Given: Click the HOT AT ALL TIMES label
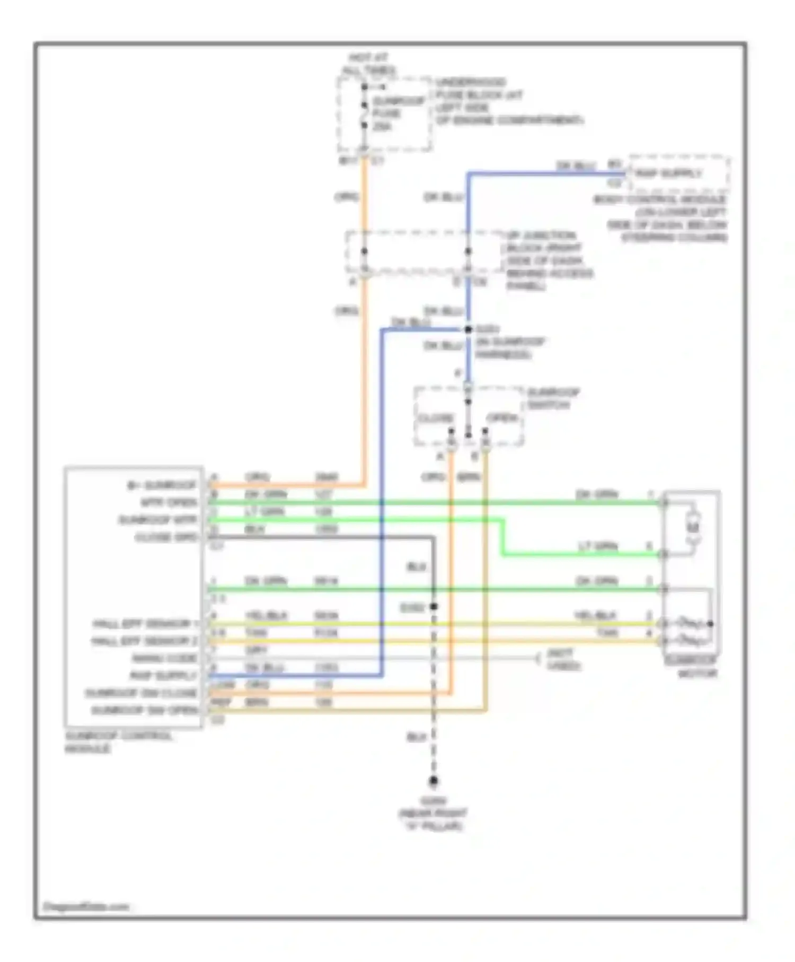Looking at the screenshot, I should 368,64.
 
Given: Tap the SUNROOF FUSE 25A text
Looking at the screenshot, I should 398,113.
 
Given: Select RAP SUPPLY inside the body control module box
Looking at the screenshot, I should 669,173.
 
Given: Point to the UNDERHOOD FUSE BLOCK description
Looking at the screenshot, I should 509,101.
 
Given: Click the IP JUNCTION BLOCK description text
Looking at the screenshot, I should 549,260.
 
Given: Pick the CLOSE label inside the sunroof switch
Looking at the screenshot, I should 436,418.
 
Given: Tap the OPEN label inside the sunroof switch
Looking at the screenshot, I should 501,418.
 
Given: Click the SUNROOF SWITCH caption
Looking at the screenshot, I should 553,398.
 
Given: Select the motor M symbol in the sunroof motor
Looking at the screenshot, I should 693,527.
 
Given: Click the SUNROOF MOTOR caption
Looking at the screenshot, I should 691,667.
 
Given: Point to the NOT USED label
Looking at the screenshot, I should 563,659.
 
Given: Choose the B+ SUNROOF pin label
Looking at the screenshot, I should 162,485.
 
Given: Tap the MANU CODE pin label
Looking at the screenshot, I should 164,658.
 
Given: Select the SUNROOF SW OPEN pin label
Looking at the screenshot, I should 145,710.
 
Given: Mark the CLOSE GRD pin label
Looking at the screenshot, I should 166,537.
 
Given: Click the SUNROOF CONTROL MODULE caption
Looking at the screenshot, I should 118,742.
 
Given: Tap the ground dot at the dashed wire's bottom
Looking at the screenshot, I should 434,781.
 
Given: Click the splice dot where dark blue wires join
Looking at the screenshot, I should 468,329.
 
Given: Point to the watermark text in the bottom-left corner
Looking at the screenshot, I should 85,906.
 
